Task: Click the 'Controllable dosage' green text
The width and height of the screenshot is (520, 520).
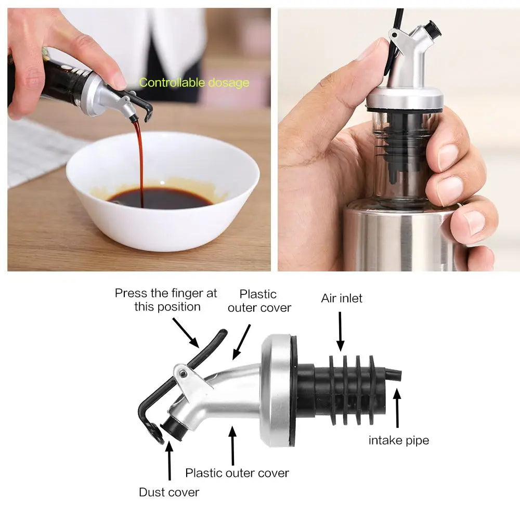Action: (194, 82)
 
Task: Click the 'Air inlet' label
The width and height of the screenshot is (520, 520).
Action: (342, 298)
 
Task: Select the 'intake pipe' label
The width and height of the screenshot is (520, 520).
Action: (399, 440)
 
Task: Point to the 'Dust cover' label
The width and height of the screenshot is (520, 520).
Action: (169, 492)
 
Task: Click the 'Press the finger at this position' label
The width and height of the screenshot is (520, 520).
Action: (166, 300)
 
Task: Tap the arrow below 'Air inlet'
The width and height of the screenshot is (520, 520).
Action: (340, 331)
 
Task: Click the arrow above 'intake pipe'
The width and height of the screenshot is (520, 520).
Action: (397, 408)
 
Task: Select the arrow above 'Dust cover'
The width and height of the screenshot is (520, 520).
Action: (170, 461)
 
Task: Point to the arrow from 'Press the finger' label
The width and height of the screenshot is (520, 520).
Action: (186, 333)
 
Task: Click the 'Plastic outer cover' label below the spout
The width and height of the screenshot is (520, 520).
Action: (237, 473)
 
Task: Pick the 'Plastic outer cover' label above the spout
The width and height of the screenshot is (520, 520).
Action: (259, 301)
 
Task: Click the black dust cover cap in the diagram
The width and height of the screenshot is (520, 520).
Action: (173, 428)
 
